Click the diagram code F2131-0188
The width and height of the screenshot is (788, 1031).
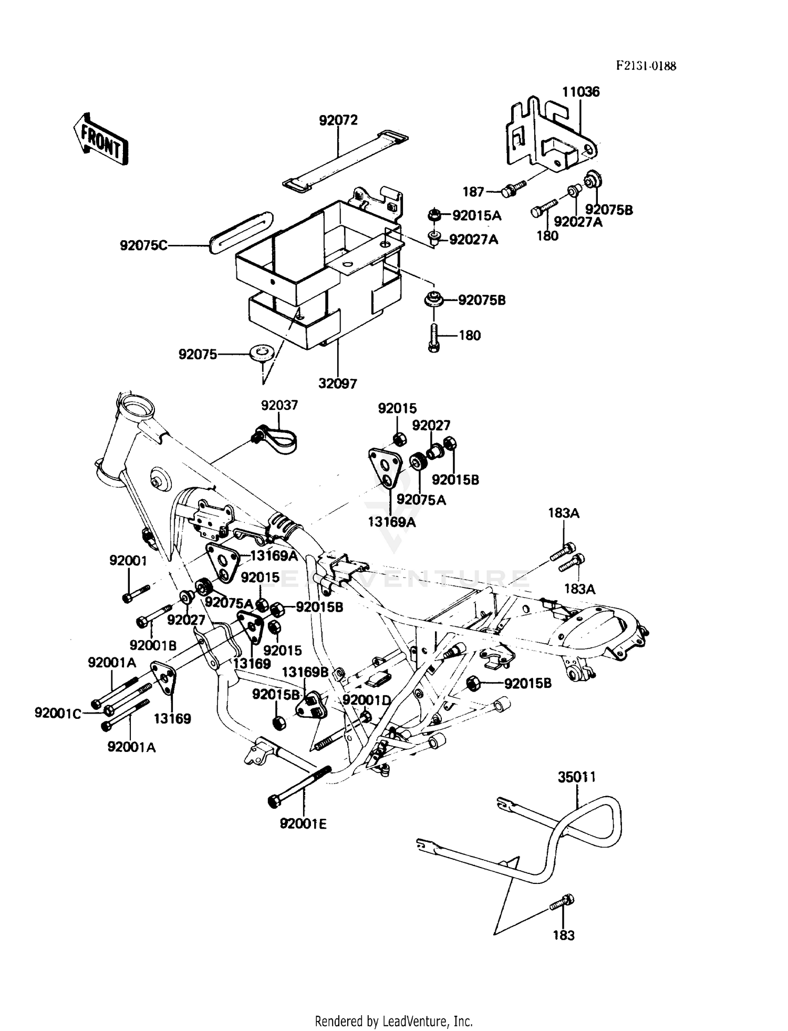pyautogui.click(x=646, y=66)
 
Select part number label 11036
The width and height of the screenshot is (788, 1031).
pyautogui.click(x=580, y=92)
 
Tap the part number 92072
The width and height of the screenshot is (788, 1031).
pyautogui.click(x=338, y=120)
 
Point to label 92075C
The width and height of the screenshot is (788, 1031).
pyautogui.click(x=143, y=245)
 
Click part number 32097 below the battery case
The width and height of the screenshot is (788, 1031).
pyautogui.click(x=337, y=384)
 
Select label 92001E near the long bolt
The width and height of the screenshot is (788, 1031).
pyautogui.click(x=303, y=824)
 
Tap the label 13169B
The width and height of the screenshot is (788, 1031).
pyautogui.click(x=305, y=672)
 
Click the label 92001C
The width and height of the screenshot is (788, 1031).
pyautogui.click(x=58, y=713)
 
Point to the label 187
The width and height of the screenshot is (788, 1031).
pyautogui.click(x=473, y=192)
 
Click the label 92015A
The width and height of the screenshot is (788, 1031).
pyautogui.click(x=476, y=215)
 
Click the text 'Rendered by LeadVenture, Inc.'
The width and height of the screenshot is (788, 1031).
pyautogui.click(x=393, y=1021)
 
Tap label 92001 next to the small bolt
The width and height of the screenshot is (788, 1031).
pyautogui.click(x=128, y=561)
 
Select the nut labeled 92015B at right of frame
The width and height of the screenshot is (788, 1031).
pyautogui.click(x=474, y=684)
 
